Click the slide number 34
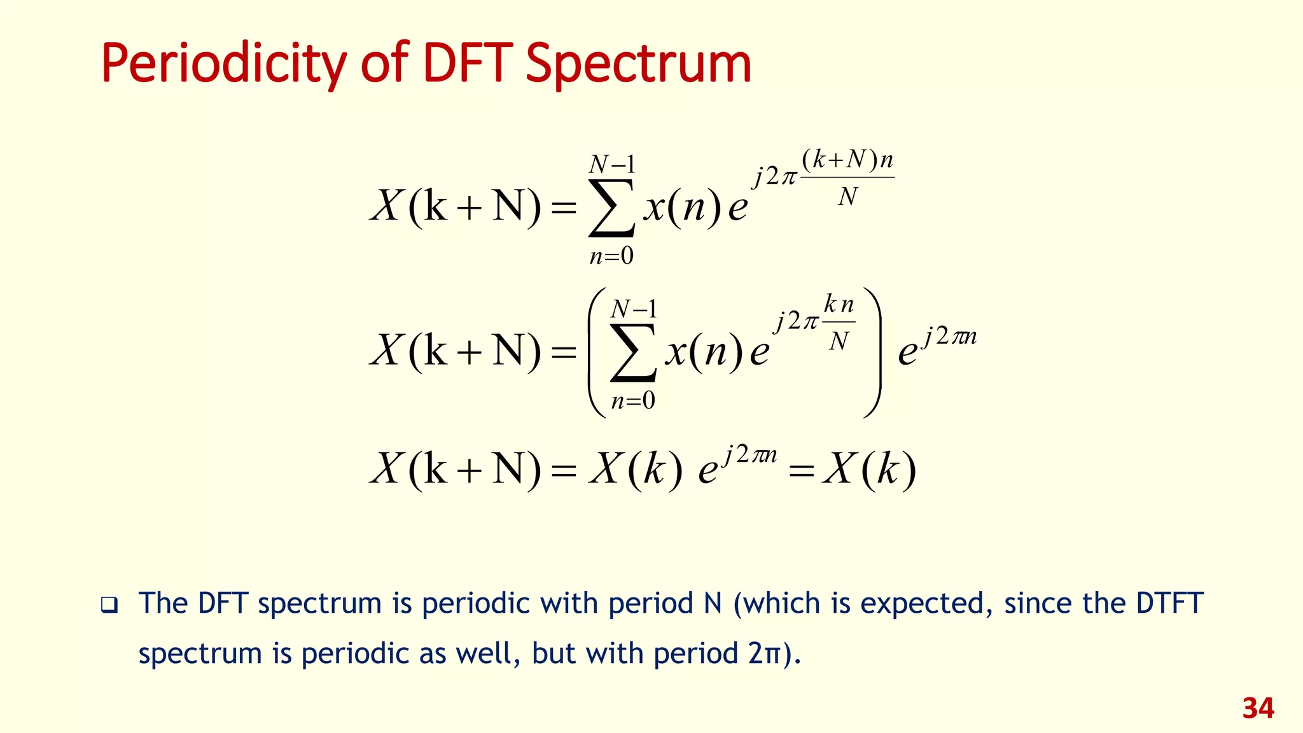1258,708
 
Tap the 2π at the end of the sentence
763,653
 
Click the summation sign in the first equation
611,207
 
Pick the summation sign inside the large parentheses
633,353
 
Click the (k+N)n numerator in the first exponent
847,160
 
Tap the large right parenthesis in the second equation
872,353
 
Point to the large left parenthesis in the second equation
597,353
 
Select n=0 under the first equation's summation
611,256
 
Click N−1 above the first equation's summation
612,165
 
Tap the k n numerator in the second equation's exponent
839,305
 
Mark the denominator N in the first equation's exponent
847,197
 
